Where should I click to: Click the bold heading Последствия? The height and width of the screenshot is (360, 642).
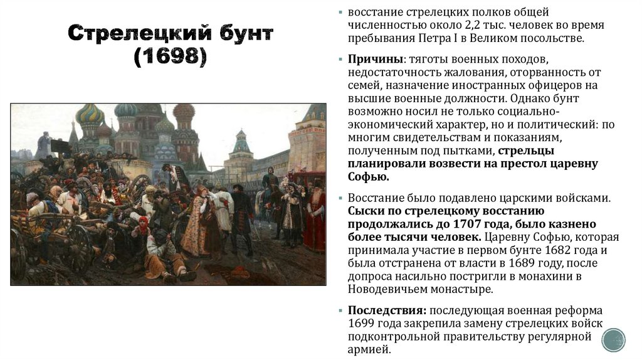[x=387, y=310]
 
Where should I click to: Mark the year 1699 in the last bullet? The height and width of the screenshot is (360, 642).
[x=362, y=324]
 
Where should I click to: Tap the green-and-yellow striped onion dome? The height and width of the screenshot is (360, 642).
[x=90, y=115]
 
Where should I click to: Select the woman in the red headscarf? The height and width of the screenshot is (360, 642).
[x=144, y=223]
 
